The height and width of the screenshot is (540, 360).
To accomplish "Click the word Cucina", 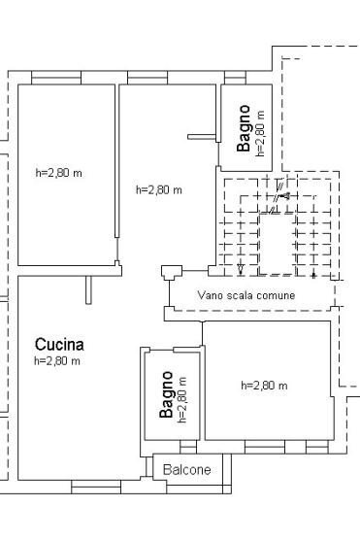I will (59, 344).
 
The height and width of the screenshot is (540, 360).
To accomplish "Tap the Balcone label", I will (186, 470).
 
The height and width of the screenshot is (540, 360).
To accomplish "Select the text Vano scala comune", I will (245, 294).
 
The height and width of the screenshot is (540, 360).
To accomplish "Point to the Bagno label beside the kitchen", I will (167, 394).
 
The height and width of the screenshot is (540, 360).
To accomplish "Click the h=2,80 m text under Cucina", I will (57, 361).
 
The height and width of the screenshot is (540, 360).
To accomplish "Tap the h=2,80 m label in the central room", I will (158, 189).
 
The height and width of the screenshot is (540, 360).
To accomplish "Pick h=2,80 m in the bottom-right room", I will (264, 386).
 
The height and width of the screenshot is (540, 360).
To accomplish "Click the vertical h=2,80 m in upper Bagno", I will (260, 134).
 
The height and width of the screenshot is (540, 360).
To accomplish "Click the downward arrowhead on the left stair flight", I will (241, 269).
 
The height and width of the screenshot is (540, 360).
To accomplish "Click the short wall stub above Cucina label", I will (88, 289).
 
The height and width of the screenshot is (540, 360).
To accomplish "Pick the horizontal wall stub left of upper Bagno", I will (199, 137).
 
